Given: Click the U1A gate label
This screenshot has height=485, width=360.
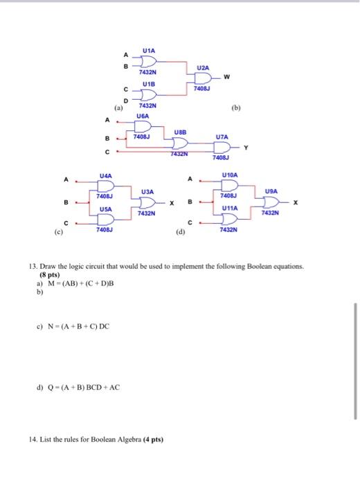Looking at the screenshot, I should [150, 51].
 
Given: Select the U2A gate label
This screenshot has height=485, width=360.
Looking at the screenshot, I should [202, 67].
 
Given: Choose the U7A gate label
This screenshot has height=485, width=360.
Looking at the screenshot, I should [222, 137].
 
